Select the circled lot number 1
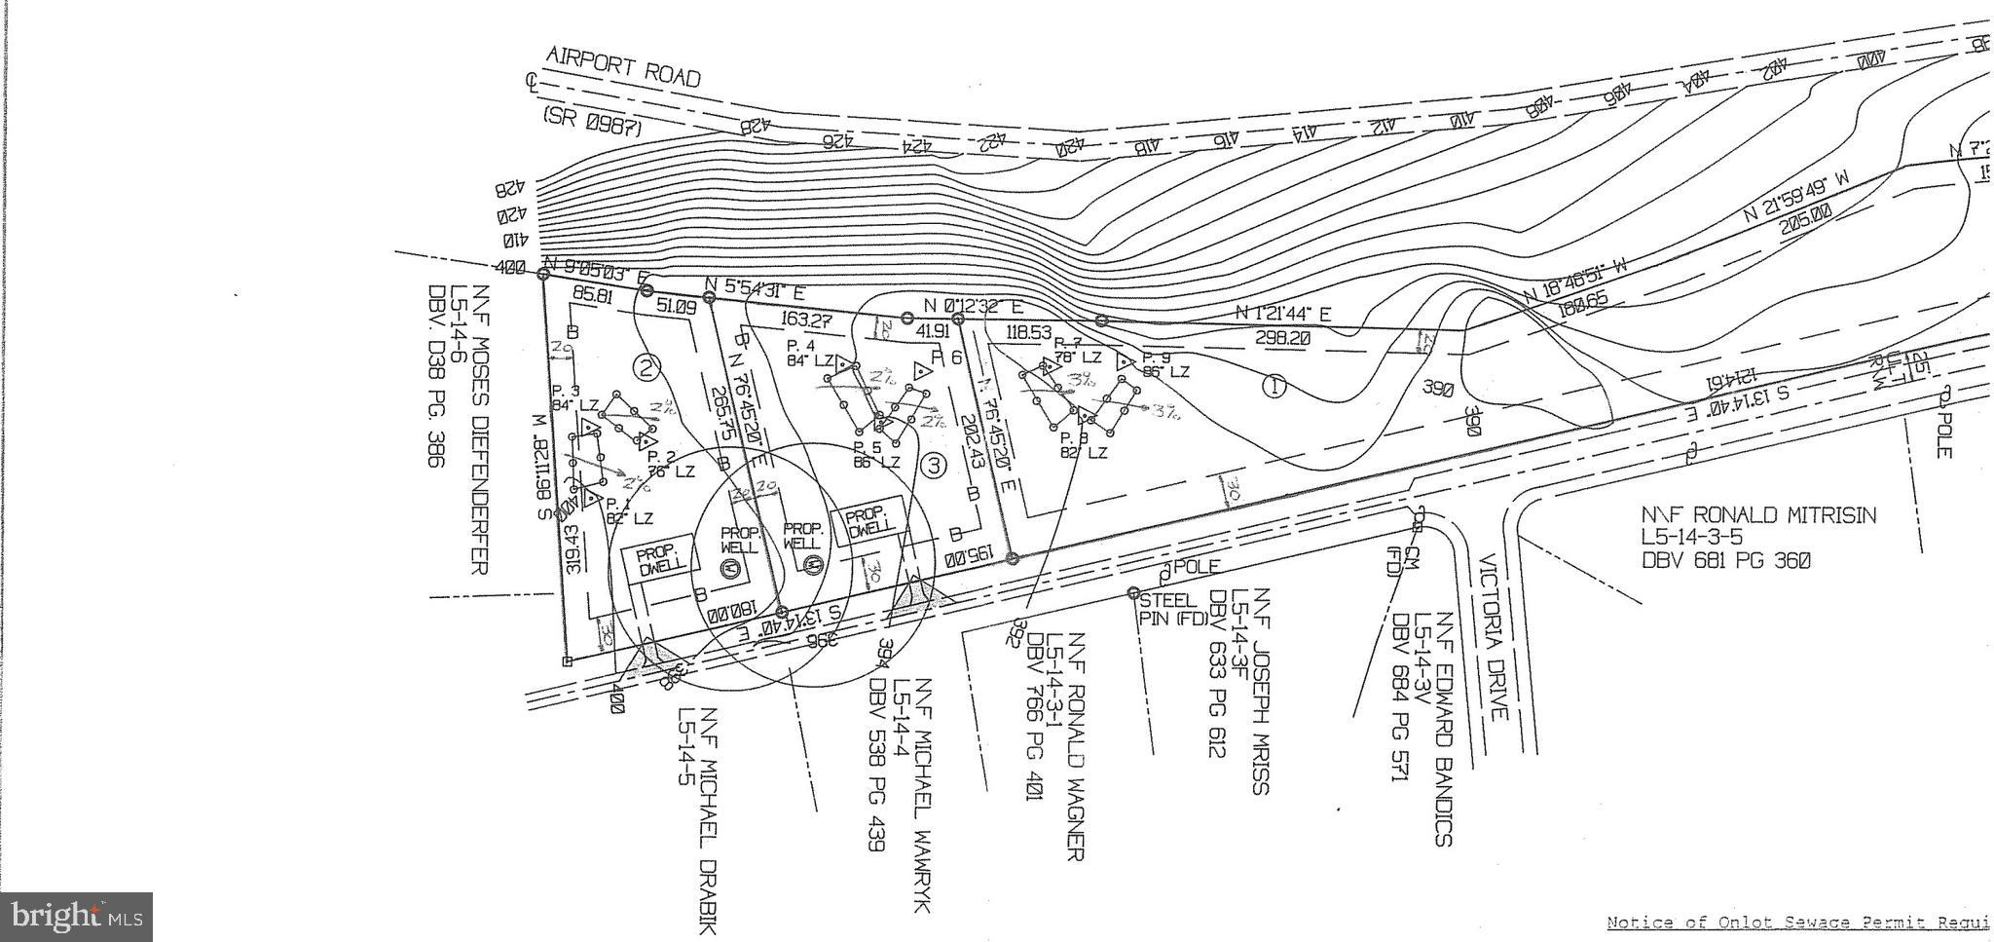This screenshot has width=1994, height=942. click(1274, 387)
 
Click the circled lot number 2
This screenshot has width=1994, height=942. click(646, 367)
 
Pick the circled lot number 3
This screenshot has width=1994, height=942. click(933, 466)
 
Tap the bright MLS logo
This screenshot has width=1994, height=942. click(76, 917)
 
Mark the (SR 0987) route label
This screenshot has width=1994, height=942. click(591, 122)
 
